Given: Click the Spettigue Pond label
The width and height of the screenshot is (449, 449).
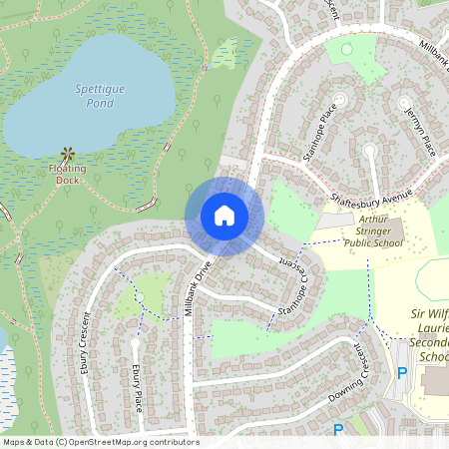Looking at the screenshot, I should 100,96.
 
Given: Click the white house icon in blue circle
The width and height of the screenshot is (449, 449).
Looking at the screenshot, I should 224,216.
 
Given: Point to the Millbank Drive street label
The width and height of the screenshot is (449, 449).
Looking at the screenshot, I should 199,288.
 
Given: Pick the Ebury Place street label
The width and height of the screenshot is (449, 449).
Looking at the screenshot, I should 136,386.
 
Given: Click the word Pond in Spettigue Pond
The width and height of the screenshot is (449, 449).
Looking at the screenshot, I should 99,103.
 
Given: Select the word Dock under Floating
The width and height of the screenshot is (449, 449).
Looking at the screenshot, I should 67,181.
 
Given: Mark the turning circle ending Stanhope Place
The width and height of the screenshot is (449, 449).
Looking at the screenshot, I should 340,98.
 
